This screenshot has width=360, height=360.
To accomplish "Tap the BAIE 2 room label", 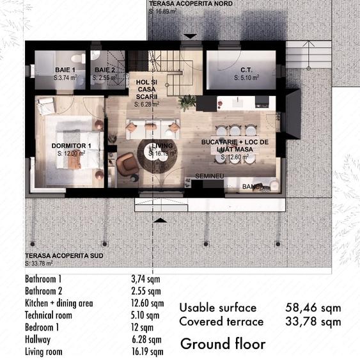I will [x=105, y=70].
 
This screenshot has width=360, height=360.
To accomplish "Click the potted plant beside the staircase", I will [x=187, y=102].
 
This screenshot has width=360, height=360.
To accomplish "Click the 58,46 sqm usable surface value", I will [x=313, y=308].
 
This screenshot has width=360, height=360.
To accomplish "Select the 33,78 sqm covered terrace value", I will [x=313, y=322].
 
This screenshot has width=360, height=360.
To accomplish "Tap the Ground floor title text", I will [x=223, y=343].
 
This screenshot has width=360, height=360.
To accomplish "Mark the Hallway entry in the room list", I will [x=38, y=340].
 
